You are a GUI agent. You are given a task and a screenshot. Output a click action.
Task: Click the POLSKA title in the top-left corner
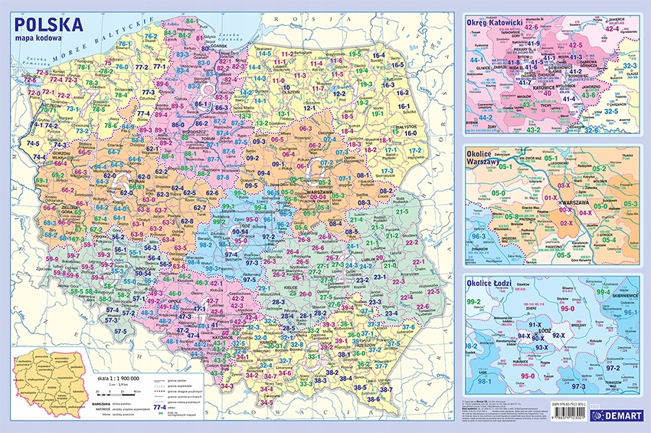pos(49,25)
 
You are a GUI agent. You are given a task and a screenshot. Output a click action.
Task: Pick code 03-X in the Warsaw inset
pos(563,185)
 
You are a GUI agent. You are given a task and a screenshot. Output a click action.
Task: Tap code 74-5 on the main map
pos(34,143)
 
